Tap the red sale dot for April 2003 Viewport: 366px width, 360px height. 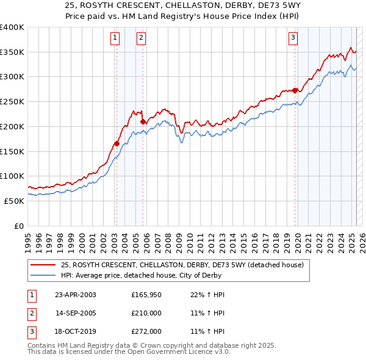[116, 144]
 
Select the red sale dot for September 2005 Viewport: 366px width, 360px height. [143, 122]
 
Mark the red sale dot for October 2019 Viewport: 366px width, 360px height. [295, 90]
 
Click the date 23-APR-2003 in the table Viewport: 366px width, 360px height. [76, 295]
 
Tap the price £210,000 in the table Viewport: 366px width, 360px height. [146, 313]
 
